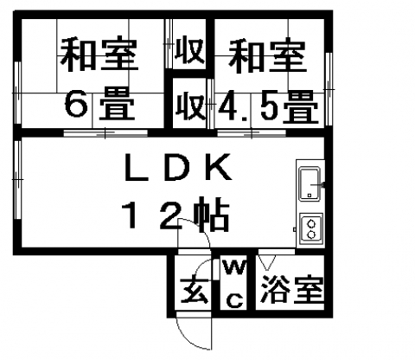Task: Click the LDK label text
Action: click(178, 167)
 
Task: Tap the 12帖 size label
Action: click(176, 214)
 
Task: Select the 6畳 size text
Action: click(99, 105)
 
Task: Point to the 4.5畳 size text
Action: click(268, 106)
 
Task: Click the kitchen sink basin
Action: click(310, 183)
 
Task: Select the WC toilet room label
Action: click(235, 284)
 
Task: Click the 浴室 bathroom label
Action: click(291, 289)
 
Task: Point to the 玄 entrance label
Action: click(194, 291)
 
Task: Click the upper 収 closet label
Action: click(190, 52)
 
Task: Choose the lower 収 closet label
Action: click(190, 106)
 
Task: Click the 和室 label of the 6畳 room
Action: click(99, 54)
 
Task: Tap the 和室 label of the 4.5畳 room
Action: click(267, 56)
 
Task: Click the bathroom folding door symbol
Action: click(267, 262)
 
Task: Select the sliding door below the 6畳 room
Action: click(105, 133)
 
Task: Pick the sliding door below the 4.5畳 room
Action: click(252, 133)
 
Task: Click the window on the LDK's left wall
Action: click(17, 179)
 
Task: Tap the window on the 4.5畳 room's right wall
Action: click(329, 89)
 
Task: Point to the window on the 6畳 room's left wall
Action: click(17, 93)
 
